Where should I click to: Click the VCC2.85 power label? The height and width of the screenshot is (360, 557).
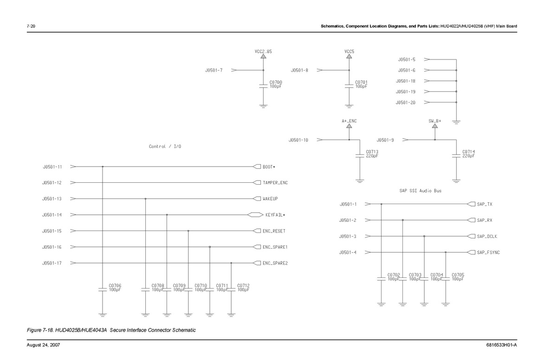pos(263,51)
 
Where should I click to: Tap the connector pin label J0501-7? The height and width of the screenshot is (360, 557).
pos(214,71)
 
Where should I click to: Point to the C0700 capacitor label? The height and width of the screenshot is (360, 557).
pos(276,82)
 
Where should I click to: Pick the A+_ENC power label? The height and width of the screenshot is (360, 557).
pos(349,121)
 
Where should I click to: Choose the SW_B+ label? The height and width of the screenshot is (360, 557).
pos(435,121)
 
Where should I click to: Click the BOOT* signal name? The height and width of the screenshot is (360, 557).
pos(269,167)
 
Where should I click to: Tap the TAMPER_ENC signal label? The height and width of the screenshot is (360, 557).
pos(275,183)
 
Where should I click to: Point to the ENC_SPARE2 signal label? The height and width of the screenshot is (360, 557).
pos(275,263)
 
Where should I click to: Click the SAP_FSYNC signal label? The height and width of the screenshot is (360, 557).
pos(488,252)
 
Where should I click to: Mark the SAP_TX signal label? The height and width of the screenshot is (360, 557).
pos(485,204)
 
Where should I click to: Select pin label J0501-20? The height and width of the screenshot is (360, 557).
pos(406,103)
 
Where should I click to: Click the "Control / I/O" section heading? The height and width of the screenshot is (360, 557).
pos(165,147)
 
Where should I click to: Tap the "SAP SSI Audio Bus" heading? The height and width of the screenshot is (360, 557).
pos(420,191)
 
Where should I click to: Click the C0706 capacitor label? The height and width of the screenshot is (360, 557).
pos(115,286)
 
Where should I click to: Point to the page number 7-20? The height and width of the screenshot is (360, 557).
pos(31,26)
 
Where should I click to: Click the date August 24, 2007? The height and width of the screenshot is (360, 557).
pos(43,346)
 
